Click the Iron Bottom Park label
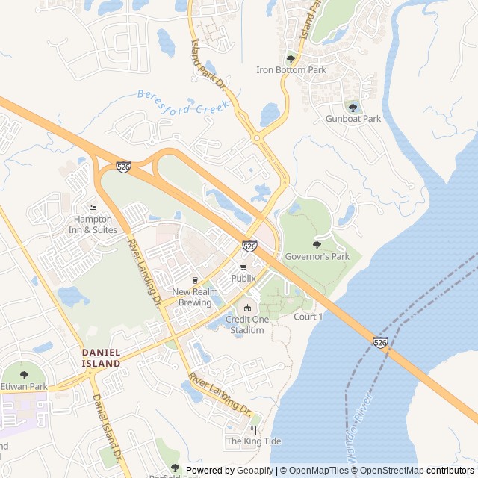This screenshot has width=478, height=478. click(291, 70)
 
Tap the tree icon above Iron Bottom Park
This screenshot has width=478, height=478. click(291, 59)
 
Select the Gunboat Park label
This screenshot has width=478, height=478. click(353, 119)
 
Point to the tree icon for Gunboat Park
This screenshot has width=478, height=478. click(353, 108)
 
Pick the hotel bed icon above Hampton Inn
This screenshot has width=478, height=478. click(93, 208)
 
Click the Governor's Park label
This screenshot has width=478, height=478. click(317, 257)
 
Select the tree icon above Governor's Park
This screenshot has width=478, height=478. click(317, 245)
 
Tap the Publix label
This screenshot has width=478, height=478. click(243, 278)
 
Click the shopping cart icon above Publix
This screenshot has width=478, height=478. click(243, 267)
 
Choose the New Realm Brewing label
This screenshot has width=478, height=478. click(195, 297)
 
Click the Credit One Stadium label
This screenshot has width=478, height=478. click(247, 325)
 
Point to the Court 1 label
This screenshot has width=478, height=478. click(308, 317)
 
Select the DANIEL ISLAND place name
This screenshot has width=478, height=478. click(101, 357)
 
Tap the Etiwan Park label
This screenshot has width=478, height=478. click(24, 386)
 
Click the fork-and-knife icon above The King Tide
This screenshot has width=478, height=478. click(254, 430)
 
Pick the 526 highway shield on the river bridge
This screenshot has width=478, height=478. click(381, 342)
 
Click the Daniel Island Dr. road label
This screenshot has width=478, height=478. click(106, 426)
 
